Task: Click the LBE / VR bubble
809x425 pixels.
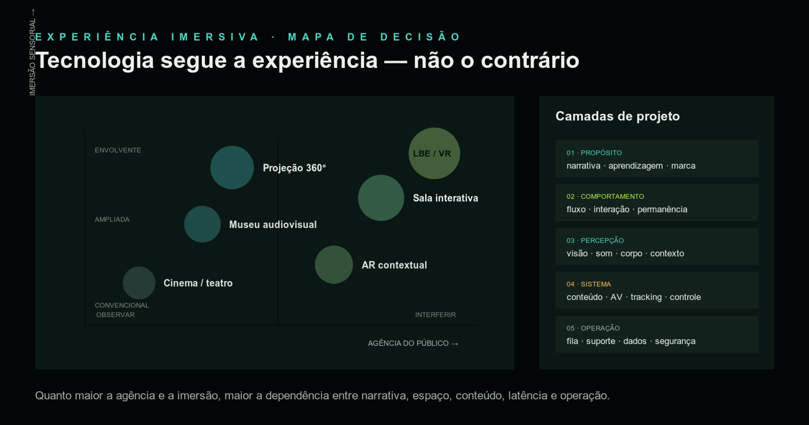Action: (x=434, y=153)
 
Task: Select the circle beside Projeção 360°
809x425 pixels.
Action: (x=232, y=167)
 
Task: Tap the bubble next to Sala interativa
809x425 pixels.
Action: (x=381, y=198)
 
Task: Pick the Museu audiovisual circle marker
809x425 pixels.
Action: (x=202, y=224)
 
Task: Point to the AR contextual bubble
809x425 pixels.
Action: (x=334, y=265)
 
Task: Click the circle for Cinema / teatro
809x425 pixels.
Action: (x=139, y=283)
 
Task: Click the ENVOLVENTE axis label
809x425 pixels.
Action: (x=118, y=150)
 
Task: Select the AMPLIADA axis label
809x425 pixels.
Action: (x=112, y=220)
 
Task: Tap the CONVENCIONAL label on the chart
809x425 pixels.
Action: (x=122, y=306)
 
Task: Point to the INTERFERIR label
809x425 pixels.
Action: (x=435, y=315)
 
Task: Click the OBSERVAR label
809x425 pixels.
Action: (x=115, y=315)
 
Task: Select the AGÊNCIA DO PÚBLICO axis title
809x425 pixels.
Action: (x=413, y=344)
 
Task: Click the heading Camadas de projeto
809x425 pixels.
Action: (x=617, y=116)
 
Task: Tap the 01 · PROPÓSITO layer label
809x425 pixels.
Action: (x=594, y=153)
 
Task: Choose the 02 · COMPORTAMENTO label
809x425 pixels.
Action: (x=605, y=197)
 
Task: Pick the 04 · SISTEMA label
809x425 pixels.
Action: (x=589, y=284)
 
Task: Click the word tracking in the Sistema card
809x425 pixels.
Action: (x=646, y=297)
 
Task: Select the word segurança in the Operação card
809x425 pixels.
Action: (x=675, y=341)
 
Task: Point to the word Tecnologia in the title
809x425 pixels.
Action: (x=95, y=61)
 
